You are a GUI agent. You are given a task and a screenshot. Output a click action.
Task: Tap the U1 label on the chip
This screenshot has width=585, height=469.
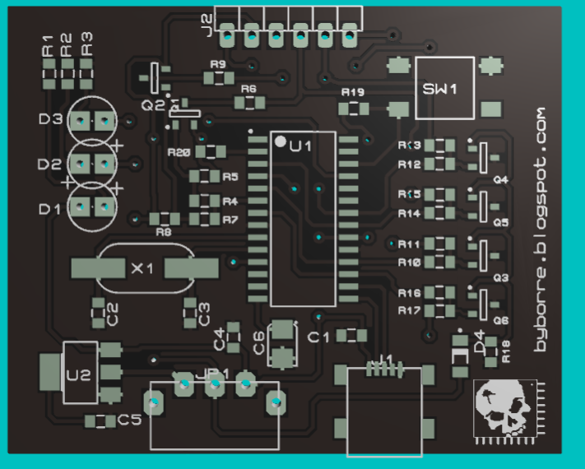tap(300, 146)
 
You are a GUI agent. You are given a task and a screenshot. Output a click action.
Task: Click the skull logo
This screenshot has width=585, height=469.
tap(504, 408)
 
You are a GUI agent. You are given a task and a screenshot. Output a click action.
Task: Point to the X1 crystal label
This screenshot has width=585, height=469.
tap(143, 268)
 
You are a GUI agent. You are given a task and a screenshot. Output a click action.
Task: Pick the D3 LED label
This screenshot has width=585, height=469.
tap(50, 119)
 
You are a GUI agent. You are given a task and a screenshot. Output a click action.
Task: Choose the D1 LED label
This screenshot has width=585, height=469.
tap(50, 209)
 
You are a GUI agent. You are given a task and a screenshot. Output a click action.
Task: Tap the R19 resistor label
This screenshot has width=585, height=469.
tap(352, 92)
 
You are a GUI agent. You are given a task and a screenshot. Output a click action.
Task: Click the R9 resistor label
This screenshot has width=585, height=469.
tap(218, 63)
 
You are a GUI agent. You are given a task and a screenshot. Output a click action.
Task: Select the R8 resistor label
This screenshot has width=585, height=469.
tap(164, 233)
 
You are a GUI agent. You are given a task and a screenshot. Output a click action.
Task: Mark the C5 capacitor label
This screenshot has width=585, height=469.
tap(129, 420)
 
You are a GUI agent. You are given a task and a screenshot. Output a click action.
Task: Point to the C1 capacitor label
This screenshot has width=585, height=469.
tap(318, 337)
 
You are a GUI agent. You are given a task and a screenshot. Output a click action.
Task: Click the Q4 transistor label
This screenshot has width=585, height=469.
tap(500, 179)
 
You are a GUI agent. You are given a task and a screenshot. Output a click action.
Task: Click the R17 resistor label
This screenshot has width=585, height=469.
tap(410, 311)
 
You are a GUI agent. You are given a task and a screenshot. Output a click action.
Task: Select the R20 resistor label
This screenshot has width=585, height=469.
tap(179, 152)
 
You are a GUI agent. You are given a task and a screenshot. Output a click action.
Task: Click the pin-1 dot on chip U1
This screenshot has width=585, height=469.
tap(281, 142)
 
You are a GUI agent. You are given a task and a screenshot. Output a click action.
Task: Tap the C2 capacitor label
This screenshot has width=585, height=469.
tap(114, 313)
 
